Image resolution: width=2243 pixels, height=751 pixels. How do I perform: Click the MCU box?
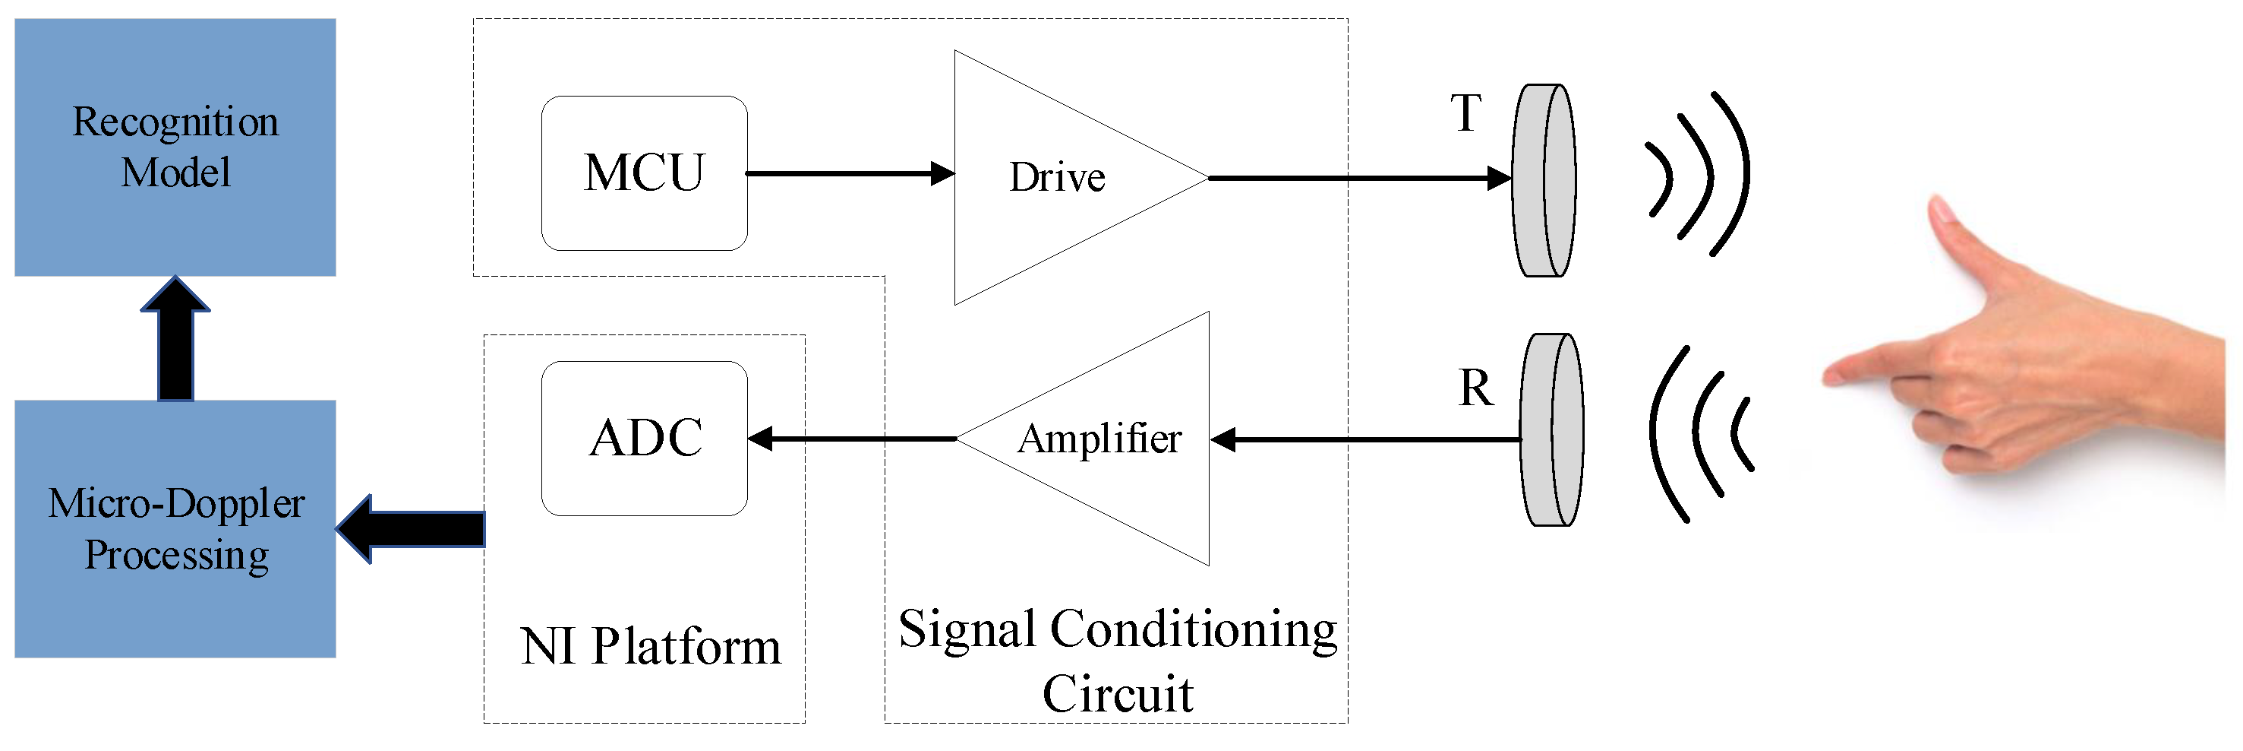(x=645, y=173)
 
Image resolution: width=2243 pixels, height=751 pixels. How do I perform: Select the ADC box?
(x=645, y=439)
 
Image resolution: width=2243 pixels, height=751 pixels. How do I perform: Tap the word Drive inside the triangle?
(x=1057, y=178)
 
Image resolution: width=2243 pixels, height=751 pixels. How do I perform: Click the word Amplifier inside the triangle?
(x=1099, y=439)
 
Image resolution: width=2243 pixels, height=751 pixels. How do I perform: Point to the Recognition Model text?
(x=175, y=147)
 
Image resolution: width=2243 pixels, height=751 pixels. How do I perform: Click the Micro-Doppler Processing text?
(x=176, y=529)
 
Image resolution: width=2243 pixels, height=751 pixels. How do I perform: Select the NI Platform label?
(x=651, y=646)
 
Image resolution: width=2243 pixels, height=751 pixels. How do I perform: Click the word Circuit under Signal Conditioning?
(x=1117, y=694)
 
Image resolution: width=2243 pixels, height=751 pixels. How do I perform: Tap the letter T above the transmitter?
(x=1465, y=114)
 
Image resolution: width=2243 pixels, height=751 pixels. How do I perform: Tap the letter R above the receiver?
(x=1475, y=388)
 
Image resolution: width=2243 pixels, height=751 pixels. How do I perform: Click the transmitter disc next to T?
(x=1543, y=180)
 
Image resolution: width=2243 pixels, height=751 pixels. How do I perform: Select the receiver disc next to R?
(x=1551, y=430)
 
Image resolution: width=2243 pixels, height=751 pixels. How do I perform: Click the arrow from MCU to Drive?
(x=849, y=174)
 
